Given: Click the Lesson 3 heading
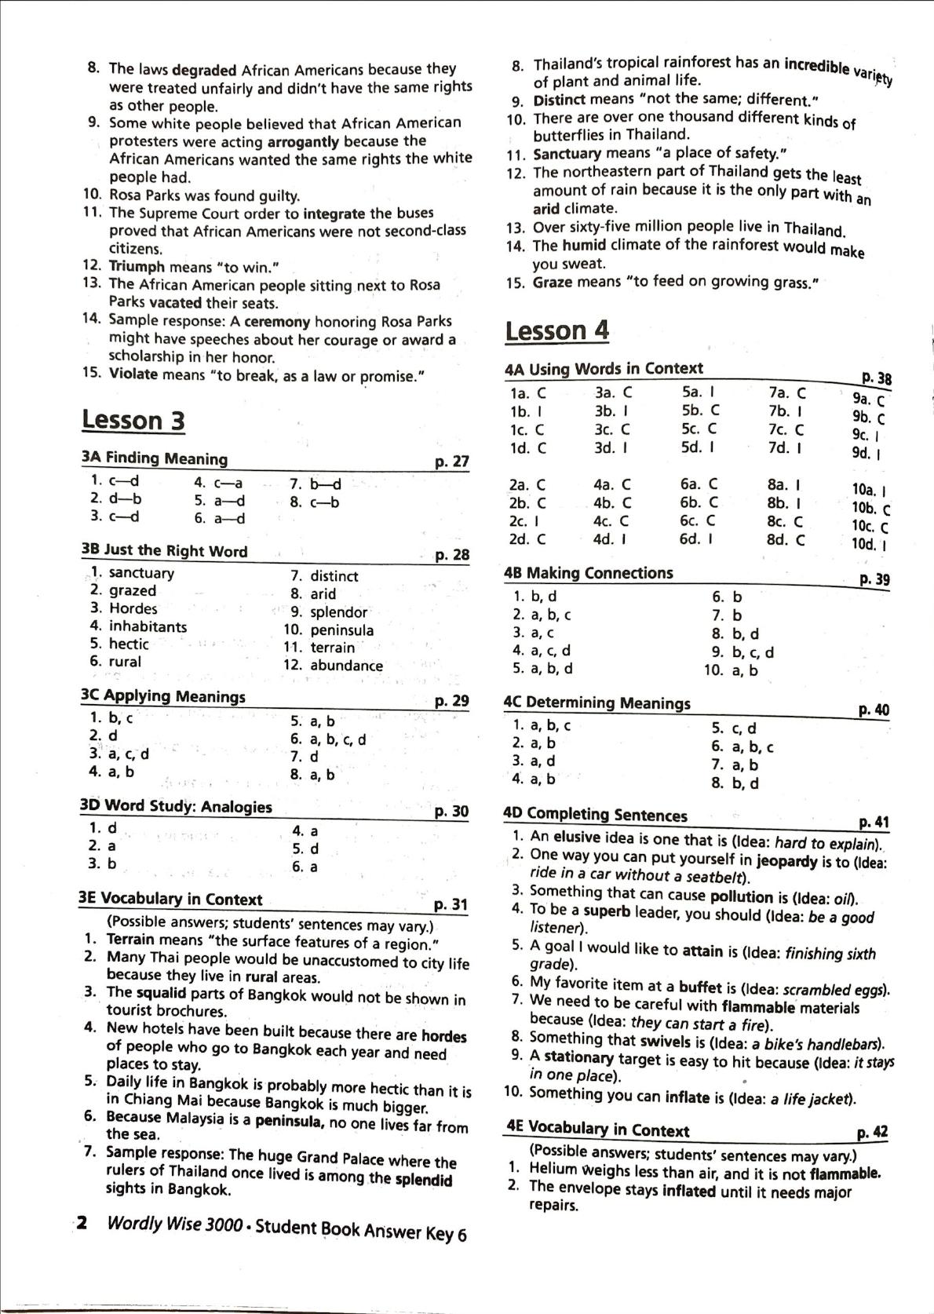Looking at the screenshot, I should point(133,421).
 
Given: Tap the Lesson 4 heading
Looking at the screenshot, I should point(556,331).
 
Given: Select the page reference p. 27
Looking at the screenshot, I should point(451,462).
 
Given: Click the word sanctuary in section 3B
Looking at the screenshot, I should point(141,573).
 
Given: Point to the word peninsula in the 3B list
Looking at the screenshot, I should point(341,630).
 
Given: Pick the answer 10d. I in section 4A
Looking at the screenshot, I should point(869,544).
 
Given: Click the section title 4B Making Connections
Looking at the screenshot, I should point(588,574).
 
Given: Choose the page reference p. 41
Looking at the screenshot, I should point(874,823).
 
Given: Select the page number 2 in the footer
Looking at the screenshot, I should point(81,1223).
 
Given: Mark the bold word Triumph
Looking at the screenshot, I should point(136,267).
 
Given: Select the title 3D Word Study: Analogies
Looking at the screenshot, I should point(176,807).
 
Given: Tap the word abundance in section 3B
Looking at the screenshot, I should point(346,666).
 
